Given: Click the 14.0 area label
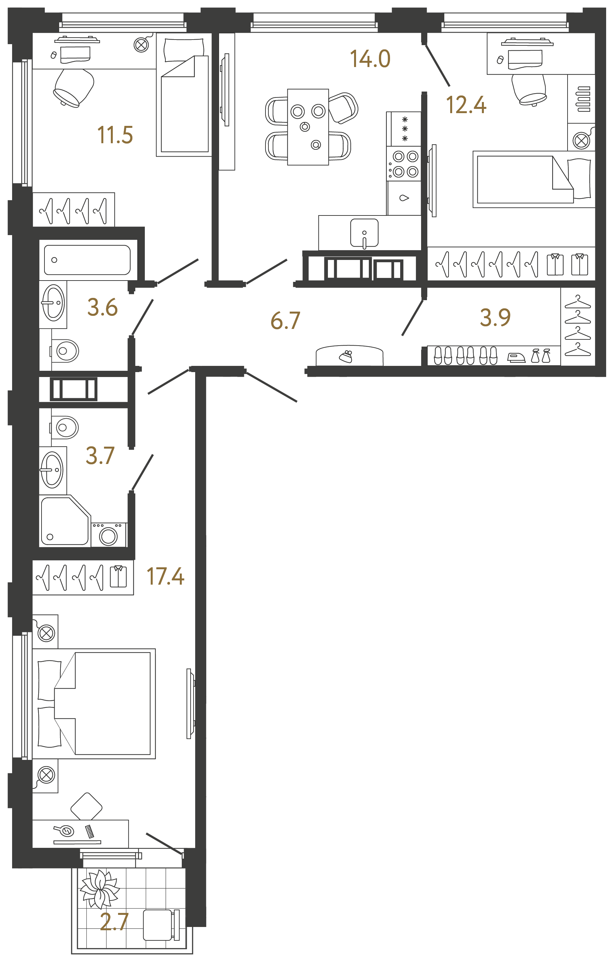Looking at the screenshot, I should point(370,59).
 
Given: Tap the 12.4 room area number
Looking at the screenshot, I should point(466,105).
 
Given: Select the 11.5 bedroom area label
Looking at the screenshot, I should point(115,135).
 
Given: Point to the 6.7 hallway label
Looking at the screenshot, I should point(285,320).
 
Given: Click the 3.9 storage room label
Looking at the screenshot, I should point(495,317).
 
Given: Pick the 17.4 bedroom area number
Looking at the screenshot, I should point(165,576).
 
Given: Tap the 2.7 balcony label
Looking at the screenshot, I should point(114,921).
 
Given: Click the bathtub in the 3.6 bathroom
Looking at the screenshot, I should point(87,260).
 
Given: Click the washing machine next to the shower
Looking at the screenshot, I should point(109,535).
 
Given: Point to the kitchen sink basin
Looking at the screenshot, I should point(364,233).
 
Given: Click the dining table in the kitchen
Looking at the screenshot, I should point(308,127).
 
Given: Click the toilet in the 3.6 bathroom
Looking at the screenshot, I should point(66,351).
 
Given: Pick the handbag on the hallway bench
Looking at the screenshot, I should point(346,356).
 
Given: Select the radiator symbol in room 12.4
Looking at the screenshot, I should point(584,99).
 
